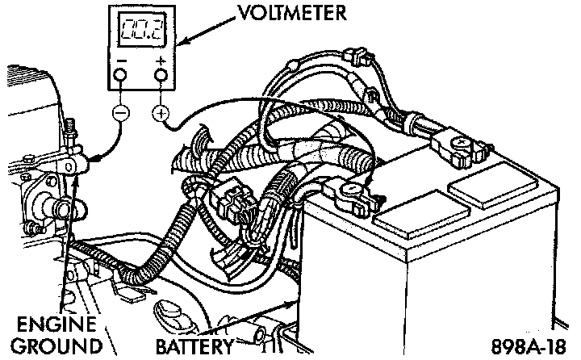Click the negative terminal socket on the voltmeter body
pyautogui.click(x=119, y=76)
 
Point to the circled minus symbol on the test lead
pyautogui.click(x=119, y=114)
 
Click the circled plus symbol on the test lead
pyautogui.click(x=160, y=114)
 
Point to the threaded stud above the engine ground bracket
pyautogui.click(x=73, y=128)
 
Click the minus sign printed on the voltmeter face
pyautogui.click(x=119, y=60)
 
